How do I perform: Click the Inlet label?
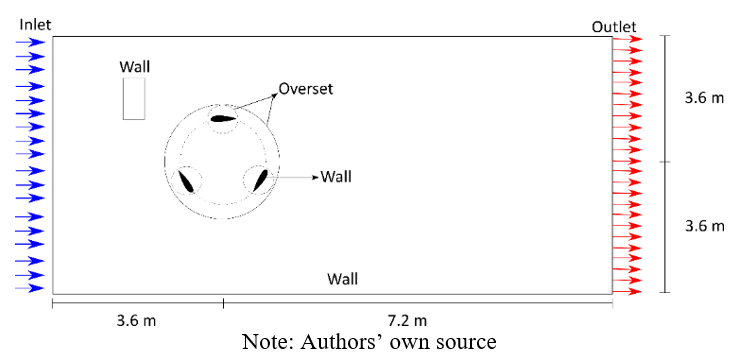click(35, 24)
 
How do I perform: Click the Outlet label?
click(614, 27)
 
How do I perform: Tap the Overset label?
click(306, 88)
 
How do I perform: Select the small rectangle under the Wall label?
click(134, 99)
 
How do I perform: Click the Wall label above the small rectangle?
click(135, 67)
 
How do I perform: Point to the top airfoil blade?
click(223, 118)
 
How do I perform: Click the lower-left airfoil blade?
click(185, 181)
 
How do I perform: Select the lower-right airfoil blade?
click(261, 180)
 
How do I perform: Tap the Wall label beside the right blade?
click(336, 177)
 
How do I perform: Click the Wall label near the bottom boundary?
click(343, 279)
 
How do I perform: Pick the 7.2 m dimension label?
click(407, 321)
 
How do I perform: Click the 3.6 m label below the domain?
click(136, 321)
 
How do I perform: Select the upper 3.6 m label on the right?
click(704, 98)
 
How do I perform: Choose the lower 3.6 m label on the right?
click(704, 226)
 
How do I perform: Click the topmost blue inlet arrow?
click(30, 42)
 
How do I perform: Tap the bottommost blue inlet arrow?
click(30, 288)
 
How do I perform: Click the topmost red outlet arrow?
click(628, 39)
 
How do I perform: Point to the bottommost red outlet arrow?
click(628, 291)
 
